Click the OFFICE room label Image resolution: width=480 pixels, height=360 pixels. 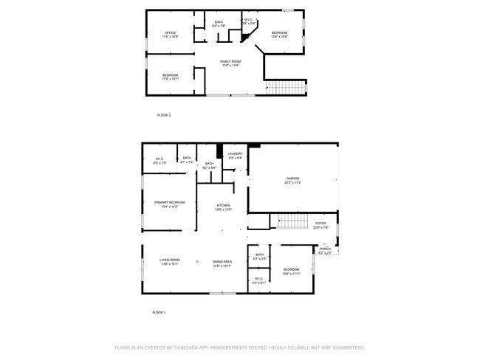tap(170, 33)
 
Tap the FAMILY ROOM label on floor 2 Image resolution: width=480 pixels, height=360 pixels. tap(230, 62)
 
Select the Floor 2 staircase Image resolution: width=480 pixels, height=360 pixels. tap(285, 88)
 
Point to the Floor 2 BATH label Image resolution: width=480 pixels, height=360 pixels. tap(219, 23)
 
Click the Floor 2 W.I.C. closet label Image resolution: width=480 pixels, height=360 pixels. tap(249, 21)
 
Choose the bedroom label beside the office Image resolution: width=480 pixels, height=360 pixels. tap(279, 33)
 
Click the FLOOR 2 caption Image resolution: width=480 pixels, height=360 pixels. tap(164, 115)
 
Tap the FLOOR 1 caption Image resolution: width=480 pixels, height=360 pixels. tap(160, 313)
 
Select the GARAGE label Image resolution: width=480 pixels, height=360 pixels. tap(293, 179)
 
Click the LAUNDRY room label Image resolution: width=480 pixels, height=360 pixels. tap(236, 153)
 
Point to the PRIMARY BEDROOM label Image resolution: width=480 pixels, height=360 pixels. tap(170, 202)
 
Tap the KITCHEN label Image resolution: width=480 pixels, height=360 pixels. tap(223, 206)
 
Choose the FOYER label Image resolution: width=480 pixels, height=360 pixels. tap(320, 224)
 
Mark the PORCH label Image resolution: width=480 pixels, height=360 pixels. tap(325, 249)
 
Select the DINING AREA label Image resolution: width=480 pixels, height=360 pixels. tap(222, 262)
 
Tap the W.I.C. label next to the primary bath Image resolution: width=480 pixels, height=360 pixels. tap(160, 159)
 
